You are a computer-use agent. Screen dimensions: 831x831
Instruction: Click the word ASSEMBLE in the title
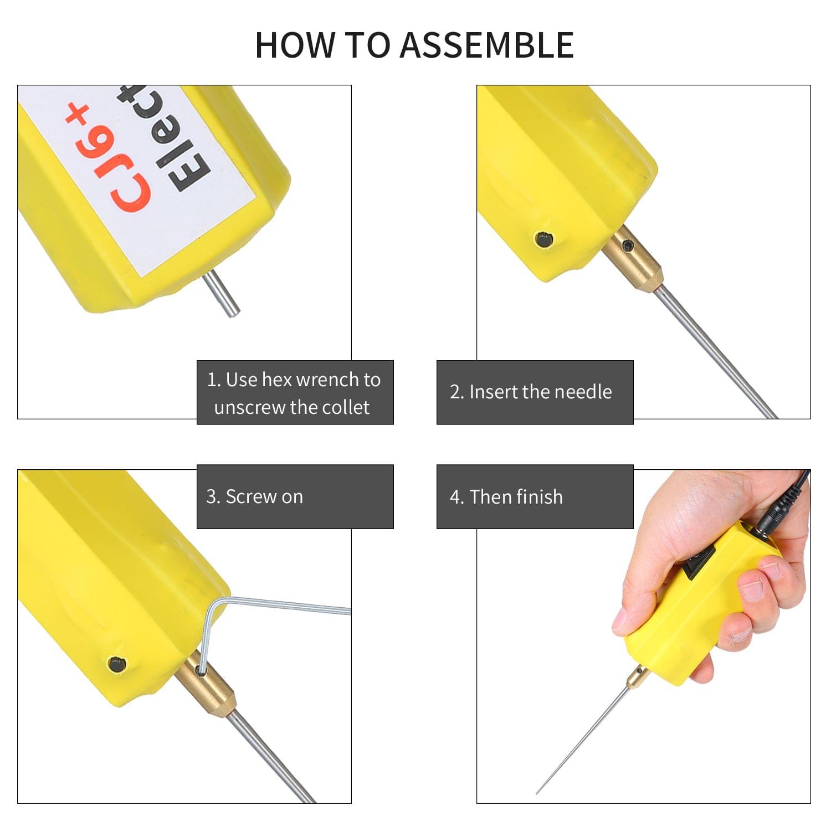[x=486, y=45]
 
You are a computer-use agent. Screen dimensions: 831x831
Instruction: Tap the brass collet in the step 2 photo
[x=633, y=259]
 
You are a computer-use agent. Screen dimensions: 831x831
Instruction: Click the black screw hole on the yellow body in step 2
[x=543, y=240]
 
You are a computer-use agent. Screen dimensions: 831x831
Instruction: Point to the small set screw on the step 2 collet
[x=628, y=245]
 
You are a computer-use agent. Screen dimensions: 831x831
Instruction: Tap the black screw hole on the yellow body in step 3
[x=117, y=664]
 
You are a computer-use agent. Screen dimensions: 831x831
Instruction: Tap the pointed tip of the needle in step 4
[x=537, y=793]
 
